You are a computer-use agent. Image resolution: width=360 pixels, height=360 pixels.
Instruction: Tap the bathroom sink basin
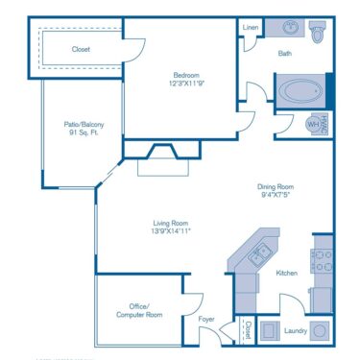click(288, 28)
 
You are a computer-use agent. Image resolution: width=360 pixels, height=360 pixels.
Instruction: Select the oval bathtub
click(301, 93)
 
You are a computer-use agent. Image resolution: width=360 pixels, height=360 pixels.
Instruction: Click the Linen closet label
click(251, 27)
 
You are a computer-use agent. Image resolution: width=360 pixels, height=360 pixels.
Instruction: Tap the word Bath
click(285, 55)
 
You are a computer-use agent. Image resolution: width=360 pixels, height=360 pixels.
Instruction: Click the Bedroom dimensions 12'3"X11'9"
click(184, 84)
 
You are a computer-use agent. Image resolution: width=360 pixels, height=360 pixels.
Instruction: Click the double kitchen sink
click(258, 254)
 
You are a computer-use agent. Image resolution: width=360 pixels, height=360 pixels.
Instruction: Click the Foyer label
click(205, 319)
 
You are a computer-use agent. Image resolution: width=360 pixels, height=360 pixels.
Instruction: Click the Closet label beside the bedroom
click(82, 50)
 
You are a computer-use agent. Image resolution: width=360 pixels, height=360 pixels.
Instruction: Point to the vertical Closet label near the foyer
click(248, 330)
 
